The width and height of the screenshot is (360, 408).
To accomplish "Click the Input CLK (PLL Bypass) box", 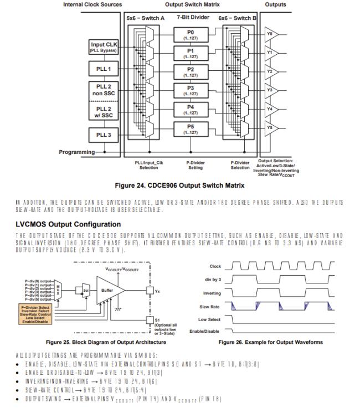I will [104, 48].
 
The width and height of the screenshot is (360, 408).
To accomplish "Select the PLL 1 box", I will [104, 69].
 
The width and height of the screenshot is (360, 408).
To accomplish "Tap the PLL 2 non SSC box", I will [104, 90].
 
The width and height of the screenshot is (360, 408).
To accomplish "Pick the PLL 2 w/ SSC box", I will [104, 112].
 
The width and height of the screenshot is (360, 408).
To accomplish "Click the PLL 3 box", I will [104, 135].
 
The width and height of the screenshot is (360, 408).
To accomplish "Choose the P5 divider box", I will [191, 128].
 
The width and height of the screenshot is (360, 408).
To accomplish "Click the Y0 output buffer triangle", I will [271, 34].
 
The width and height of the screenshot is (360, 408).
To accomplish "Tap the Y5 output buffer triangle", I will [271, 127].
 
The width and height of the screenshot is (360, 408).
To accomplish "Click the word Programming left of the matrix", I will [77, 151].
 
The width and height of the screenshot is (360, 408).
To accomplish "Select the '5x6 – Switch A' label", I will [145, 18].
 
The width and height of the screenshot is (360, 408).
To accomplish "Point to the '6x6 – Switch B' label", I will [236, 18].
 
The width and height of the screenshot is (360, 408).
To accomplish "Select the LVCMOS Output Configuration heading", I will [68, 224].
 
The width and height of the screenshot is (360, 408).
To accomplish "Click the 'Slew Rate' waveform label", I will [210, 306].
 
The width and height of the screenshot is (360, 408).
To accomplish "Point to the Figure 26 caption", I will [271, 342].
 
